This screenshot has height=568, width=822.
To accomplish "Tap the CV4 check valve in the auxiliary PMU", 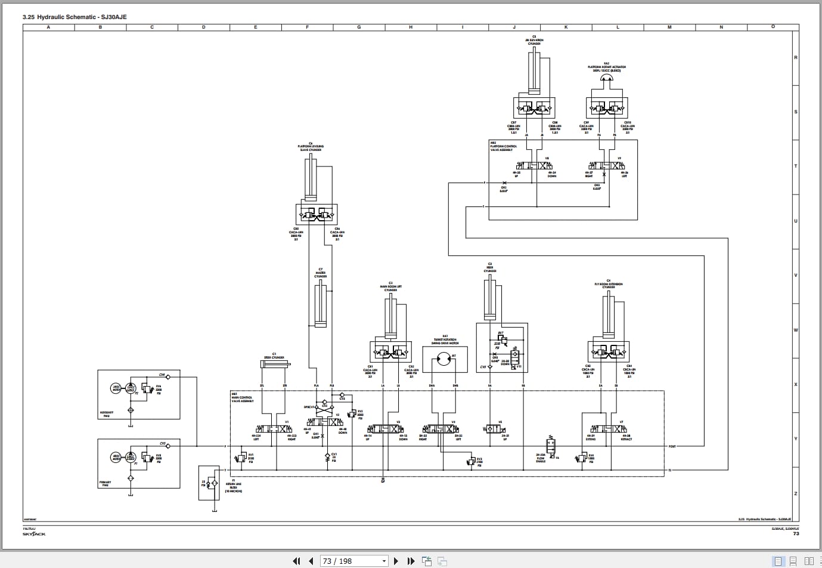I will tap(169, 377).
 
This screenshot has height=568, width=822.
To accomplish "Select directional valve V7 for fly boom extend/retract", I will tap(608, 429).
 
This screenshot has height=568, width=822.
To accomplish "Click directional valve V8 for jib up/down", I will tap(534, 165).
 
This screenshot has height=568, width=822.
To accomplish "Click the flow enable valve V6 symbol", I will tap(551, 447).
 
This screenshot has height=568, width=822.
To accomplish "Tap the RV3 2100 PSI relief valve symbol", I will tap(471, 460).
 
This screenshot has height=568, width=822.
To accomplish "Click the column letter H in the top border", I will tap(411, 27).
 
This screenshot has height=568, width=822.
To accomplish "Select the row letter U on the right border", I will tap(795, 221).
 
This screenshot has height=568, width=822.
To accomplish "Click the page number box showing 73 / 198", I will tap(354, 561).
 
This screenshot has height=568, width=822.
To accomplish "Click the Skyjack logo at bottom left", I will tap(34, 533).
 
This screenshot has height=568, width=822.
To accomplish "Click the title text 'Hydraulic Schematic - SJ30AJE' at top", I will tap(82, 17).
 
